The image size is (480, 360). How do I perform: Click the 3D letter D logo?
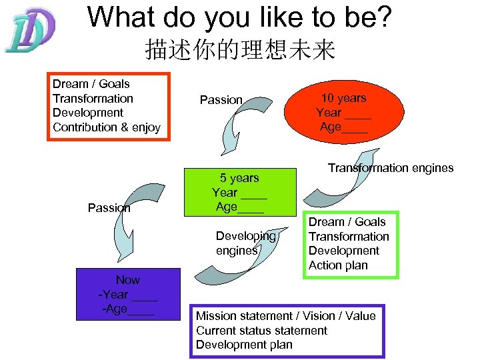[x=29, y=31]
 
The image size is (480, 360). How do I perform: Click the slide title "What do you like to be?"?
[x=239, y=18]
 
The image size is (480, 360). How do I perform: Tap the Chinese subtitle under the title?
[x=239, y=50]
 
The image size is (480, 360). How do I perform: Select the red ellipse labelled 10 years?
[x=343, y=112]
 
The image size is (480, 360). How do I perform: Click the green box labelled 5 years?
[x=239, y=192]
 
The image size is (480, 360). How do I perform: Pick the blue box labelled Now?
[x=127, y=294]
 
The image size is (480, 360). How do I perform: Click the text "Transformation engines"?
[x=390, y=168]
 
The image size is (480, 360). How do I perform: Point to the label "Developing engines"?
[x=245, y=243]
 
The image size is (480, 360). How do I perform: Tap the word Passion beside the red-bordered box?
[x=221, y=100]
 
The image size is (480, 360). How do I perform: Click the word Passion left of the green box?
[x=109, y=207]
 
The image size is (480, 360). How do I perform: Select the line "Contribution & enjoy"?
[x=107, y=127]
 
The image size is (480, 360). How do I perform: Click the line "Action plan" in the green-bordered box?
[x=338, y=265]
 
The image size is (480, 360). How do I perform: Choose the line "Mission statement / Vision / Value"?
[x=285, y=316]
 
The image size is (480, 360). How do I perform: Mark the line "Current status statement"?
[x=261, y=331]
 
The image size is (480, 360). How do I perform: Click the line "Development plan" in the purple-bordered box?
[x=244, y=345]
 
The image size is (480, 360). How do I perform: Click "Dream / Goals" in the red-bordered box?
[x=91, y=84]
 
